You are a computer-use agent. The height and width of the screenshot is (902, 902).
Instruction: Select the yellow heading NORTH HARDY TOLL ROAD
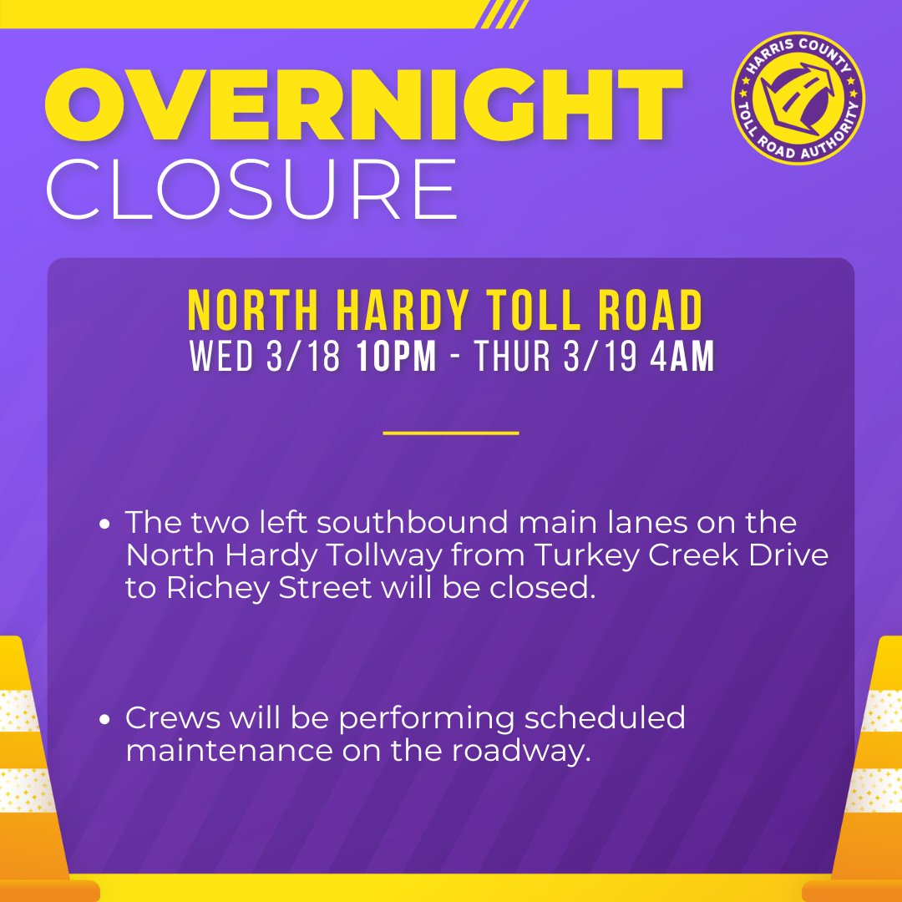click(x=445, y=311)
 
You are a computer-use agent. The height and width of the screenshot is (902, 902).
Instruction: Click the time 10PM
click(x=396, y=357)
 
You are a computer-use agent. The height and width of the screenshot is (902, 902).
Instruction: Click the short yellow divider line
click(x=451, y=433)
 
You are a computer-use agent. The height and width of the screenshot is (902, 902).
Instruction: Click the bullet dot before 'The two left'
click(x=104, y=525)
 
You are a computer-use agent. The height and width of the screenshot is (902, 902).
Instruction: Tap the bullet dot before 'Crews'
click(x=104, y=719)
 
